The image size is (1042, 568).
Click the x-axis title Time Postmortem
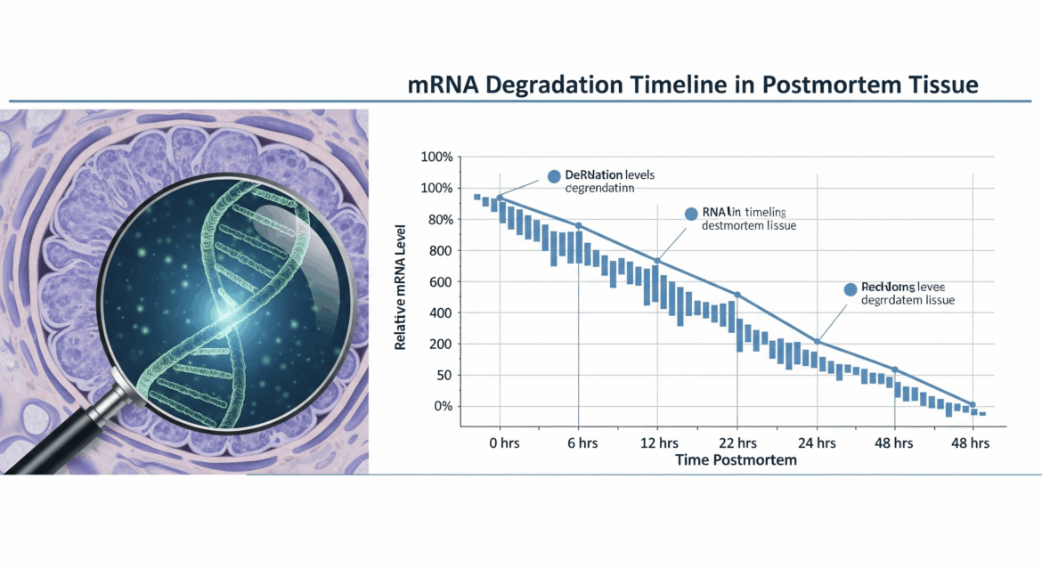(736, 460)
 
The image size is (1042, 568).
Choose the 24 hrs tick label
(815, 442)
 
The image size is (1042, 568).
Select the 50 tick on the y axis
(442, 375)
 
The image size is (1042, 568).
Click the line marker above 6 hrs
(579, 225)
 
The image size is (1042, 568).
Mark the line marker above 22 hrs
(737, 295)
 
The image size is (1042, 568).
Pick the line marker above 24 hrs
(817, 342)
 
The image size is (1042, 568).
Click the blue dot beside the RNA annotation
(690, 214)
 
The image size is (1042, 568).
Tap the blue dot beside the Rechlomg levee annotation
(850, 289)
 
